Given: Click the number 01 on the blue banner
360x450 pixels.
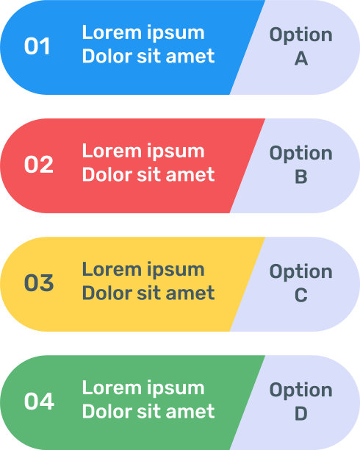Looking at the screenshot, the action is pyautogui.click(x=37, y=46).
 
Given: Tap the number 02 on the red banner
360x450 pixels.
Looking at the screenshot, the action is pyautogui.click(x=39, y=165).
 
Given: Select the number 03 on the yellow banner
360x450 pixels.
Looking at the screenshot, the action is pyautogui.click(x=39, y=283).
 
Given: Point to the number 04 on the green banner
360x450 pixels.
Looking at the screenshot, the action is pyautogui.click(x=39, y=401).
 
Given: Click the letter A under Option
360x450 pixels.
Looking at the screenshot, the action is pyautogui.click(x=301, y=59).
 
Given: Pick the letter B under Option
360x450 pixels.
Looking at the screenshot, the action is pyautogui.click(x=301, y=176).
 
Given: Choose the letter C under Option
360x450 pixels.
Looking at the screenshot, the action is pyautogui.click(x=301, y=296).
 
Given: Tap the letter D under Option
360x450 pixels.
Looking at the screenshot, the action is pyautogui.click(x=301, y=413).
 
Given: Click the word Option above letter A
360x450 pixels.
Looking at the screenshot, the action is pyautogui.click(x=301, y=35).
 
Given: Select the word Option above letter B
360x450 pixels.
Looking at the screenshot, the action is pyautogui.click(x=301, y=154).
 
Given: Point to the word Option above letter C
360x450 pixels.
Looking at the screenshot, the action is pyautogui.click(x=301, y=272).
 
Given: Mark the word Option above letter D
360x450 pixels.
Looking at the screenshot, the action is pyautogui.click(x=301, y=390).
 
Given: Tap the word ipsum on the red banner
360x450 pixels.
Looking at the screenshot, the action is pyautogui.click(x=176, y=152).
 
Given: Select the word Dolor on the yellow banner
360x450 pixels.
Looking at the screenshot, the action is pyautogui.click(x=107, y=293).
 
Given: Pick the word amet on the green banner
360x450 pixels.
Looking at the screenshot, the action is pyautogui.click(x=190, y=412).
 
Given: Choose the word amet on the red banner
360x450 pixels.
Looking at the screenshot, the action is pyautogui.click(x=190, y=175).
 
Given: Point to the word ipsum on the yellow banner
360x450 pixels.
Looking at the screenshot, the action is pyautogui.click(x=176, y=271).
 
